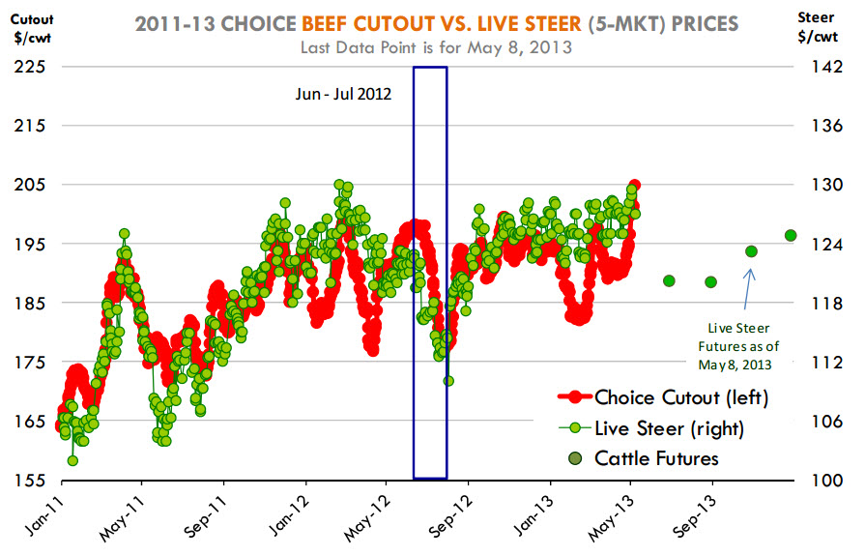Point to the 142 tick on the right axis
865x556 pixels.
coord(817,67)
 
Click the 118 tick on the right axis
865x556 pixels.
coord(817,303)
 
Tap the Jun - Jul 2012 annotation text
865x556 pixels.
coord(343,95)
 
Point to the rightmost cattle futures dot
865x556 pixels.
coord(791,235)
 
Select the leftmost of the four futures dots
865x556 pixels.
coord(669,280)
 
